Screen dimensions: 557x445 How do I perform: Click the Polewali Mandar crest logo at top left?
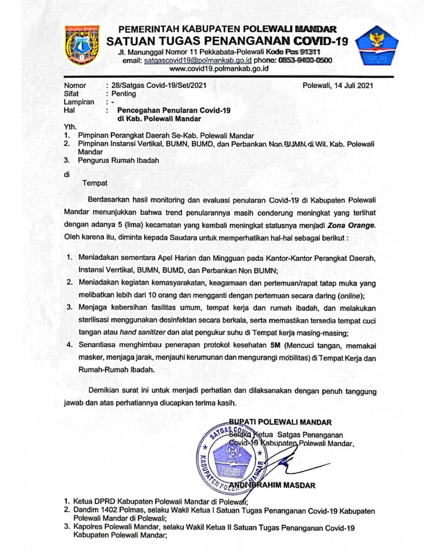click(82, 44)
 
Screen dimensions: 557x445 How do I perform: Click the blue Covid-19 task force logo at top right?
click(377, 46)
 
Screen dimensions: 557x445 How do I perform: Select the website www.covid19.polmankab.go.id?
click(218, 68)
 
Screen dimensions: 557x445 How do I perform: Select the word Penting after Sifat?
click(124, 94)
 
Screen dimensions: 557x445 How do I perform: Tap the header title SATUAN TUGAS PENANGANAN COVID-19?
click(227, 41)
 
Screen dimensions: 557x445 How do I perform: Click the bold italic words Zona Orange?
click(351, 225)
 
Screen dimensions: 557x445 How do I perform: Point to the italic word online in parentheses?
click(351, 296)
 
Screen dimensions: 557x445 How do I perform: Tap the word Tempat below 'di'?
click(95, 183)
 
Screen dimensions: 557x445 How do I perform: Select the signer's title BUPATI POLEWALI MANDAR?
click(280, 422)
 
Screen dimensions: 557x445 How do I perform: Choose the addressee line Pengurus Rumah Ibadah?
click(118, 160)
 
